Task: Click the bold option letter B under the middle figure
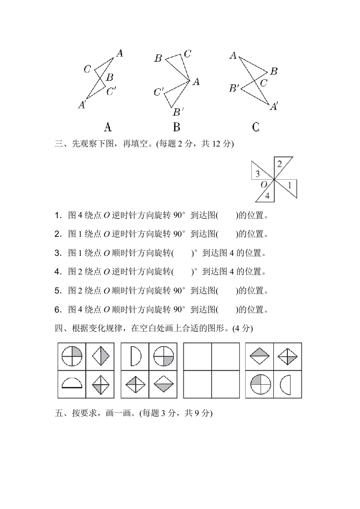click(x=177, y=127)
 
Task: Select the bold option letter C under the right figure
click(x=256, y=127)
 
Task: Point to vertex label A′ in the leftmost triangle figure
click(x=82, y=105)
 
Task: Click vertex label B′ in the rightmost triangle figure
click(x=234, y=88)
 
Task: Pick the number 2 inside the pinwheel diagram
click(x=280, y=164)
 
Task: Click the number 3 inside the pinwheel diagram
click(x=257, y=174)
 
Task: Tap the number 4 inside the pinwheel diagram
click(x=267, y=196)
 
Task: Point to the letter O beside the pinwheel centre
click(x=264, y=185)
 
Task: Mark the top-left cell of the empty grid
click(x=197, y=357)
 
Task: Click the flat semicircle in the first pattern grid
click(x=72, y=384)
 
